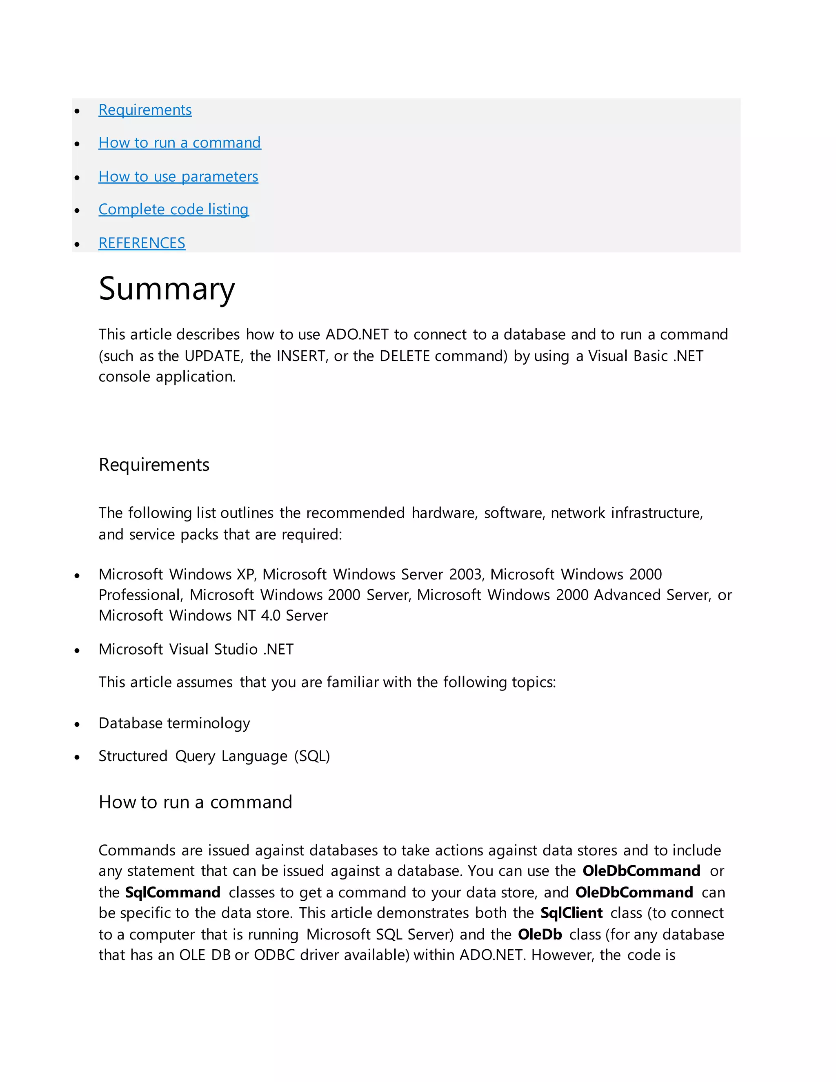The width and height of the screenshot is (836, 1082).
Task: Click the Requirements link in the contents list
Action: point(145,110)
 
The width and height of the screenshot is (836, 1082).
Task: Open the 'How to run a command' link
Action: point(179,142)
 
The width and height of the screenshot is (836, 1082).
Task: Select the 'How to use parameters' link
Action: point(178,176)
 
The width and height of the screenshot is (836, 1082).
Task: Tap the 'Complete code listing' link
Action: point(173,209)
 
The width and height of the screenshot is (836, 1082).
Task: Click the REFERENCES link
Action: point(142,243)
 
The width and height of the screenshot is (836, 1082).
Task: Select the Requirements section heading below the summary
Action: point(153,465)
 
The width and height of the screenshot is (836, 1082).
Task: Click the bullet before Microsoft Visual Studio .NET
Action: point(77,650)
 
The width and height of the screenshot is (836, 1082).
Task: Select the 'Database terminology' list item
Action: point(174,724)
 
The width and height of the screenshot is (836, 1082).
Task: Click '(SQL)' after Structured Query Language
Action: point(312,756)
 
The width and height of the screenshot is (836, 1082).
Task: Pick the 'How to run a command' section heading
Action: point(195,802)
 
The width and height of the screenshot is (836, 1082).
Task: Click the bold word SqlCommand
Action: point(172,892)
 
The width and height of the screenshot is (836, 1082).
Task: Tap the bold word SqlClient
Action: point(571,913)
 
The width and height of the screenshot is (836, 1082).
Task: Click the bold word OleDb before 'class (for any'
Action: point(539,934)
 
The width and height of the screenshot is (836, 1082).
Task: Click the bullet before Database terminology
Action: point(77,725)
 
